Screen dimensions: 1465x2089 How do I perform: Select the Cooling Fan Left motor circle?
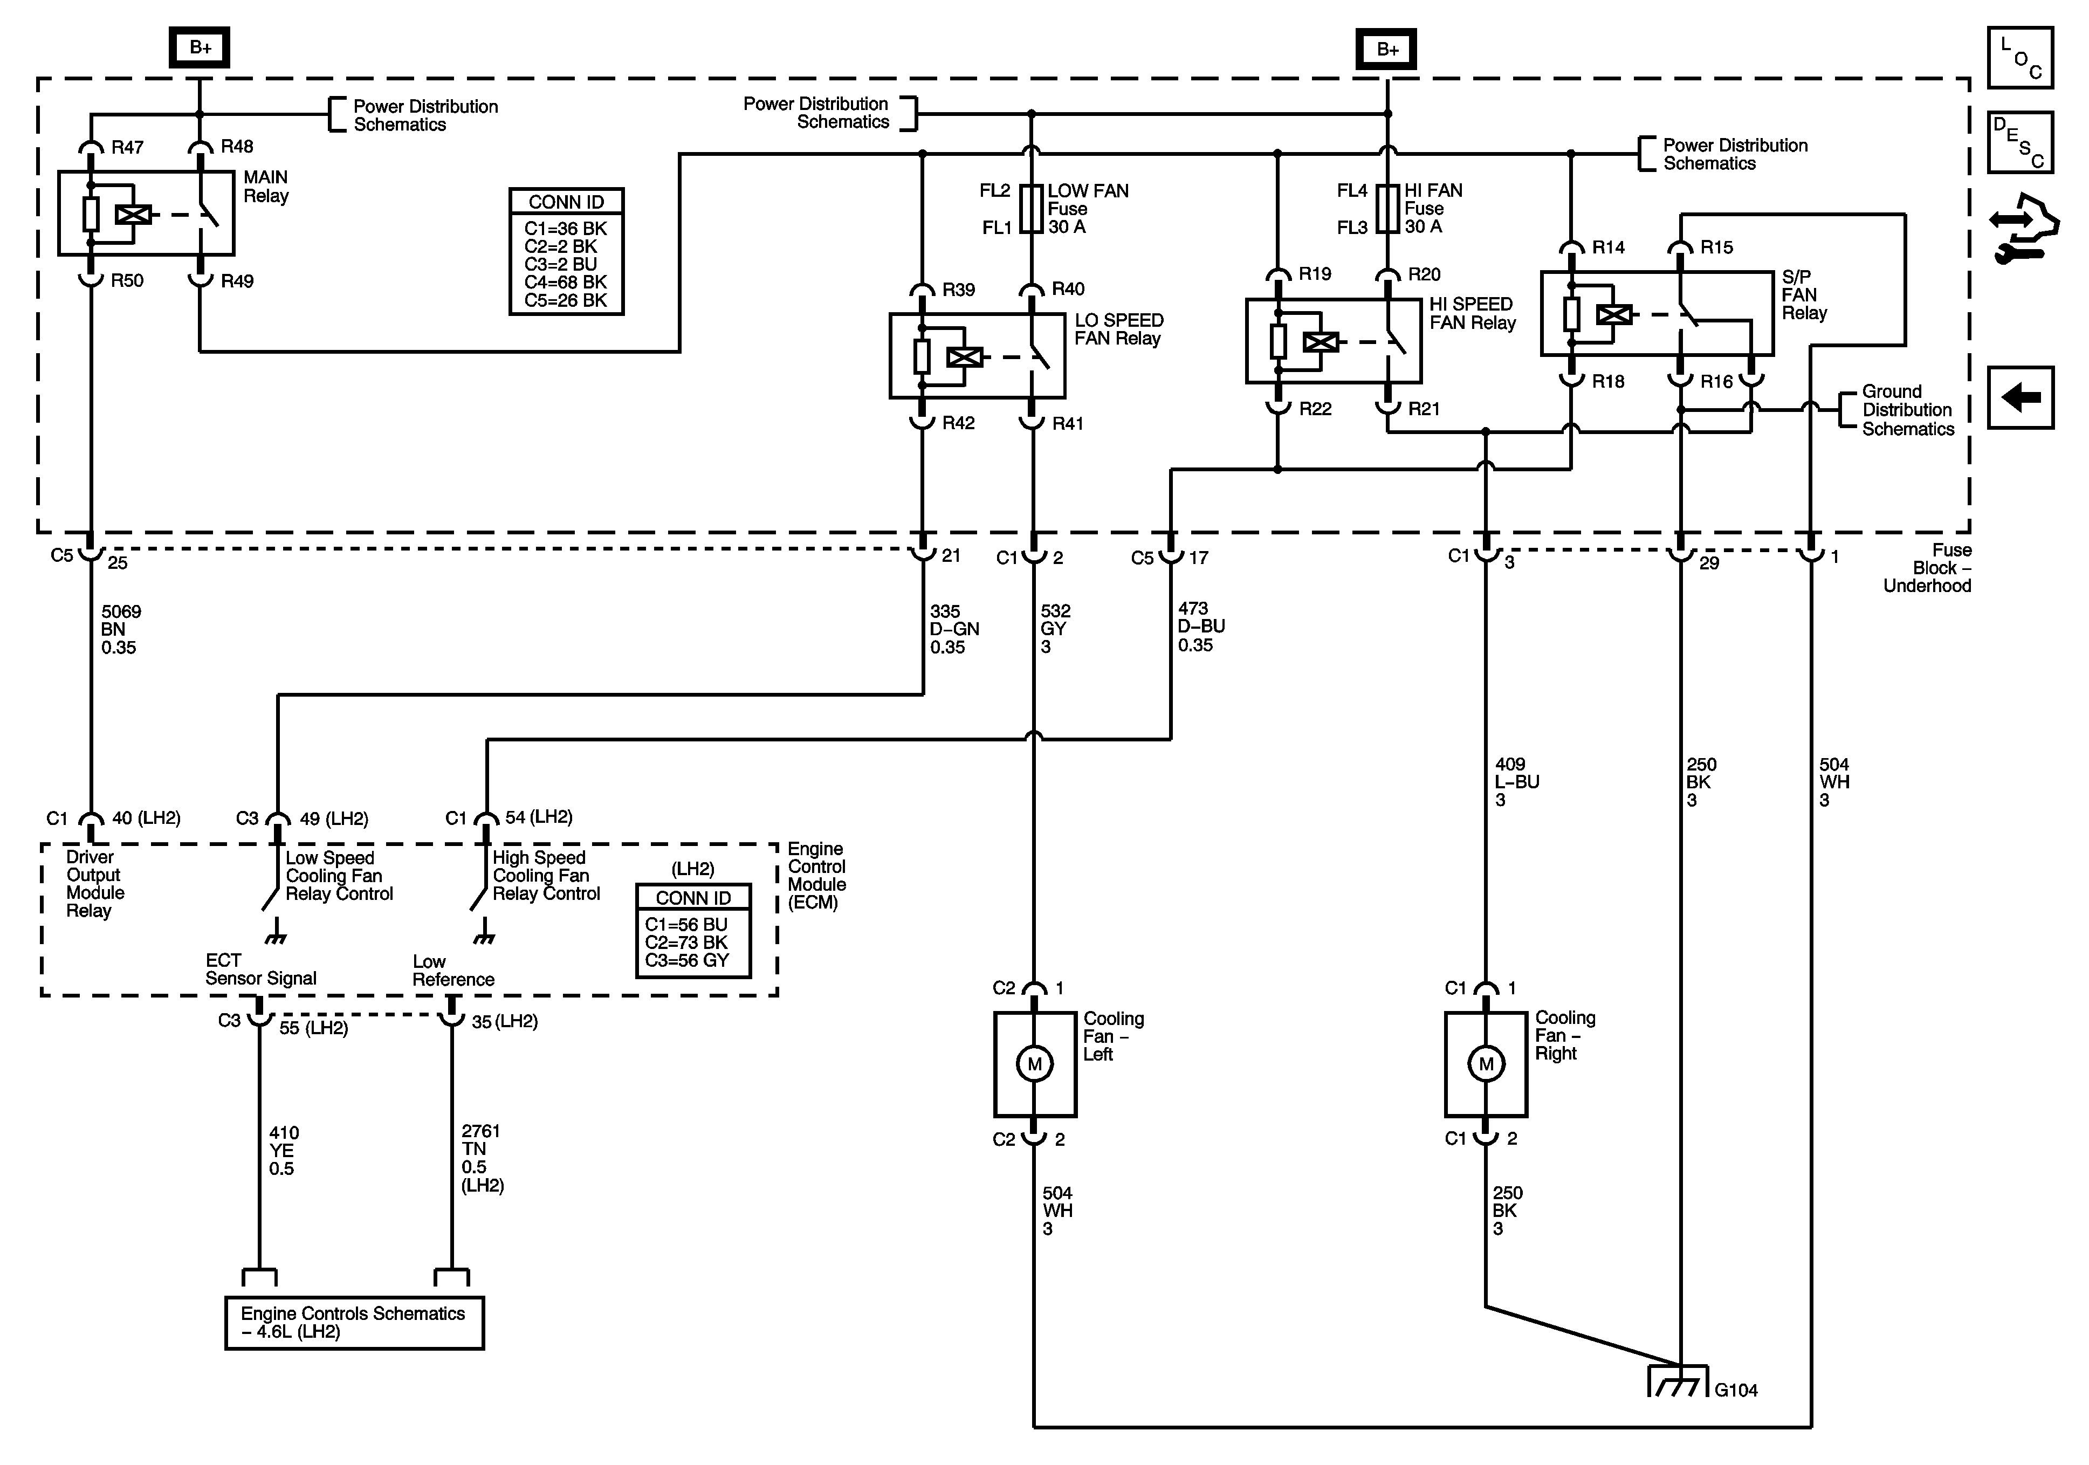pyautogui.click(x=1034, y=1064)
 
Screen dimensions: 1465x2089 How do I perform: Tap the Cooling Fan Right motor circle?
pyautogui.click(x=1486, y=1064)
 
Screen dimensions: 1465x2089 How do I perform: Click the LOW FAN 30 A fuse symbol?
pyautogui.click(x=1031, y=209)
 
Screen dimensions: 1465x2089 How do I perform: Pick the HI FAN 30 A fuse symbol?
pyautogui.click(x=1387, y=209)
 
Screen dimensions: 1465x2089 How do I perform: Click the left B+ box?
pyautogui.click(x=200, y=47)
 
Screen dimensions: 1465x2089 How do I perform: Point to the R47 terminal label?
pyautogui.click(x=127, y=147)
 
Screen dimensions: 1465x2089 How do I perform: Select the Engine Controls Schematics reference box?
pyautogui.click(x=354, y=1322)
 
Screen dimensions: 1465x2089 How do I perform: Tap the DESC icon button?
pyautogui.click(x=2020, y=142)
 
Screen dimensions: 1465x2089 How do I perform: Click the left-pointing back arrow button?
pyautogui.click(x=2020, y=397)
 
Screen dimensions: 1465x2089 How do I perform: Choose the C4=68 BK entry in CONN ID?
pyautogui.click(x=565, y=282)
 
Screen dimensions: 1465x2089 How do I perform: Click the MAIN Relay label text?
pyautogui.click(x=266, y=187)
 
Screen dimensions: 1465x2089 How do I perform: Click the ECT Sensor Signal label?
pyautogui.click(x=260, y=969)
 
